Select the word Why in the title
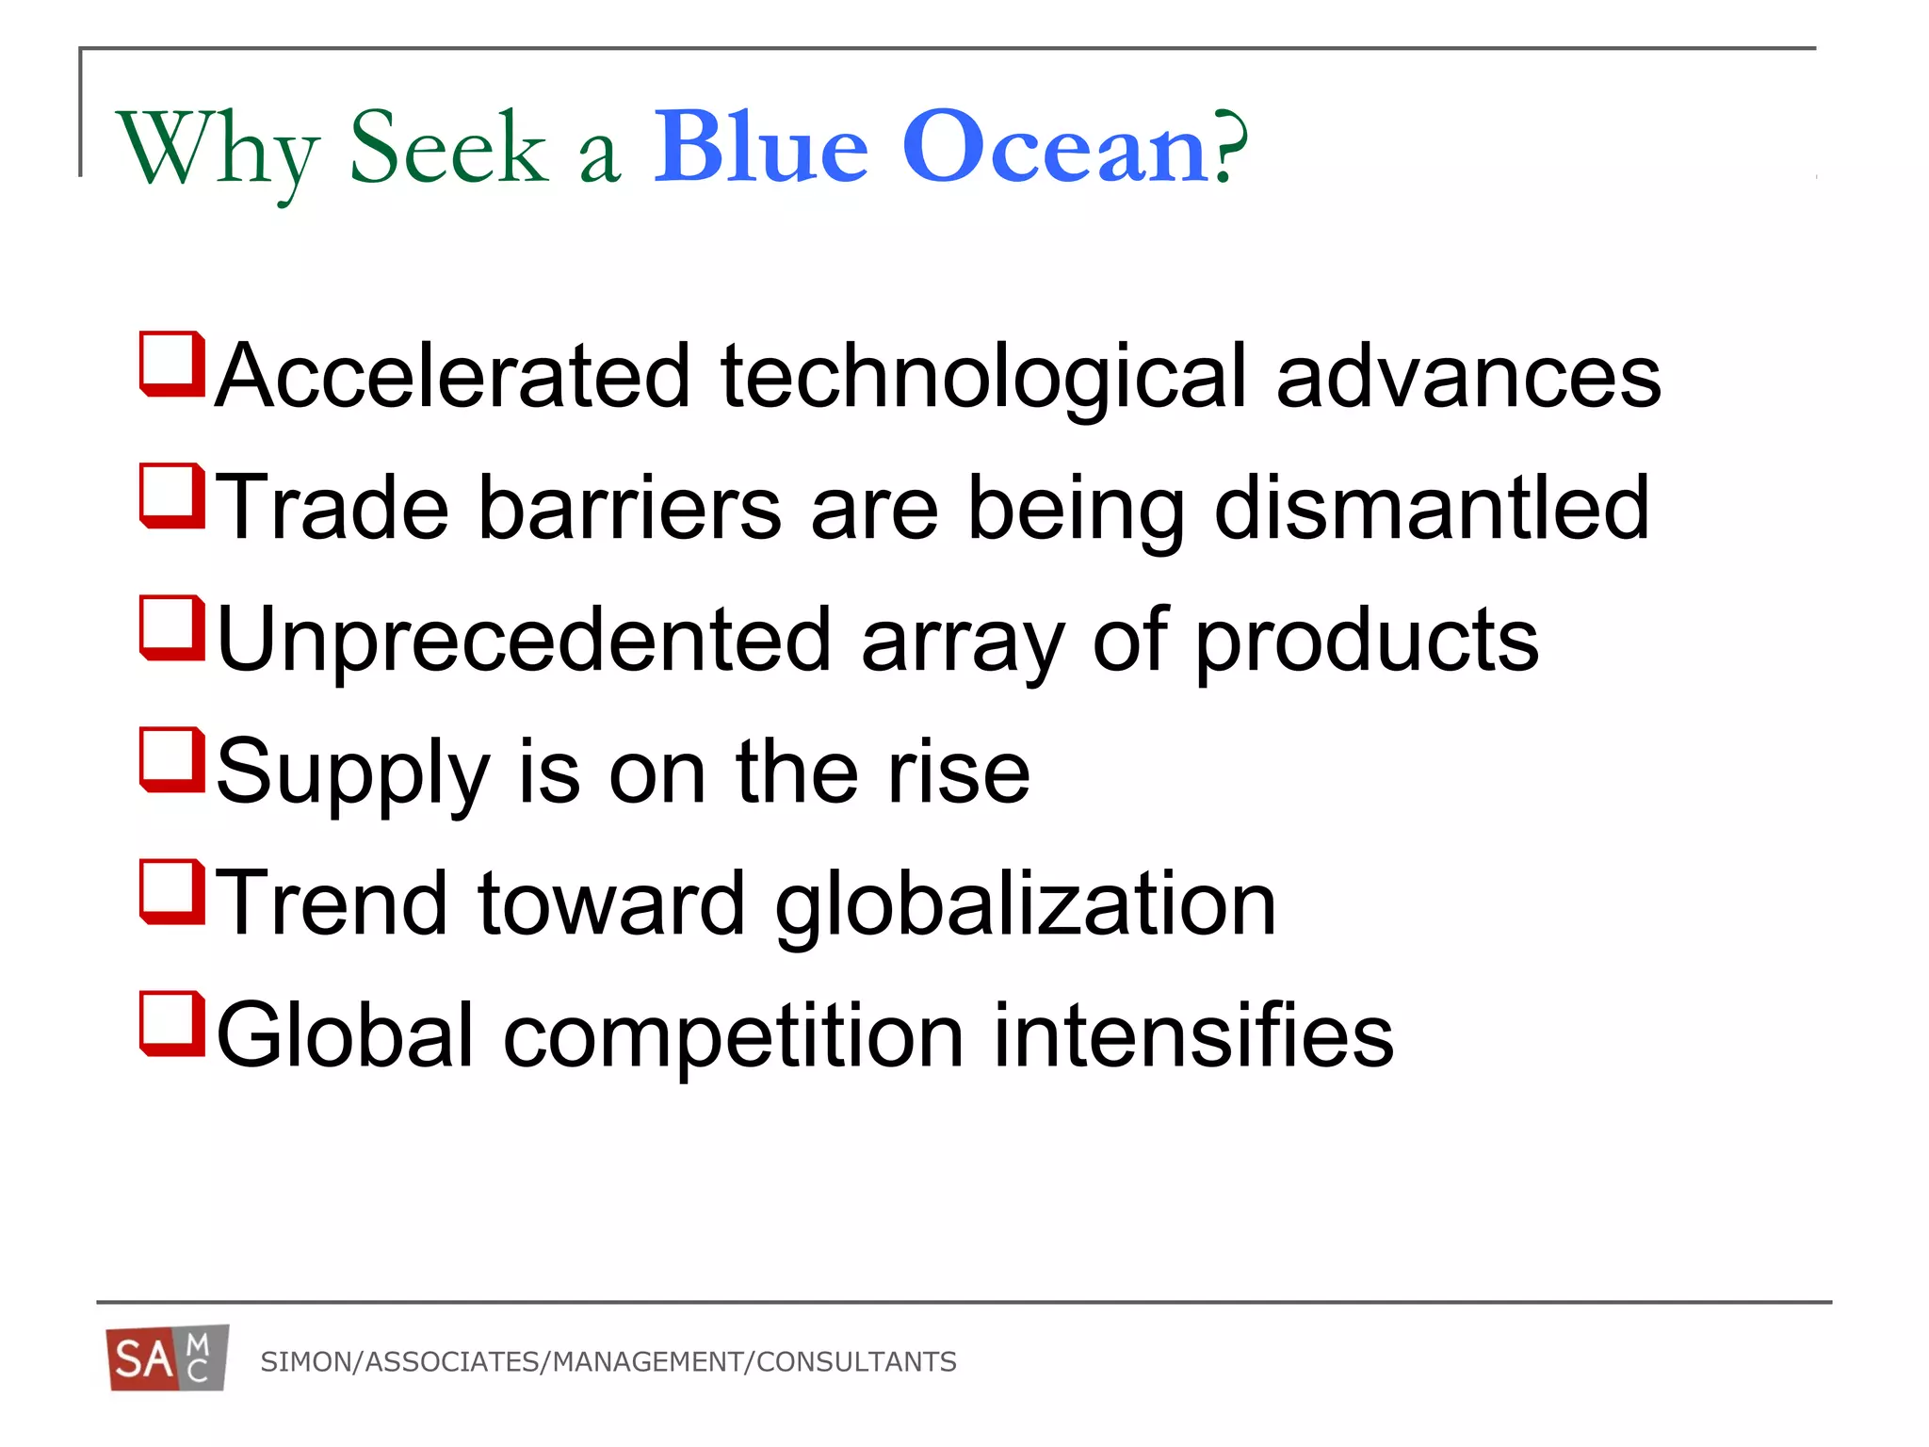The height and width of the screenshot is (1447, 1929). pyautogui.click(x=217, y=151)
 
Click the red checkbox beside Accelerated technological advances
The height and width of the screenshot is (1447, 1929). pyautogui.click(x=172, y=364)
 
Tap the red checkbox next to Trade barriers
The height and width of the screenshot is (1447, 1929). pyautogui.click(x=172, y=496)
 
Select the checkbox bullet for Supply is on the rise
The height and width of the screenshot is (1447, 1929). pyautogui.click(x=172, y=759)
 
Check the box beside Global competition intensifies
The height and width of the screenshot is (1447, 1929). pyautogui.click(x=172, y=1023)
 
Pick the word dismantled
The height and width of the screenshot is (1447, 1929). pyautogui.click(x=1431, y=509)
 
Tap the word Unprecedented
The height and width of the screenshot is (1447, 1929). pyautogui.click(x=524, y=641)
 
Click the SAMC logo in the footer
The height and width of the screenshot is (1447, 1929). pyautogui.click(x=168, y=1358)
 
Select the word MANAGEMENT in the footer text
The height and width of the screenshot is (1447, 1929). pyautogui.click(x=648, y=1362)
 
